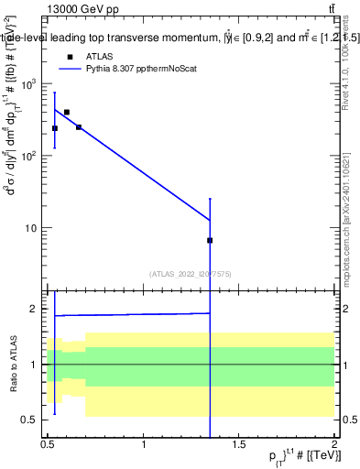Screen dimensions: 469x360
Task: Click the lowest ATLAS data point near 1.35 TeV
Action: [x=210, y=240]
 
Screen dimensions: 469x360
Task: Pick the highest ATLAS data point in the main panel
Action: [x=67, y=112]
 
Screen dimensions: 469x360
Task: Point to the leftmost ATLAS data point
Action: [x=55, y=128]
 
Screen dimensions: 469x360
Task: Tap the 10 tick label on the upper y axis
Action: [x=35, y=228]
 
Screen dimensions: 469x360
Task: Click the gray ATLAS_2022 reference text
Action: [x=191, y=273]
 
